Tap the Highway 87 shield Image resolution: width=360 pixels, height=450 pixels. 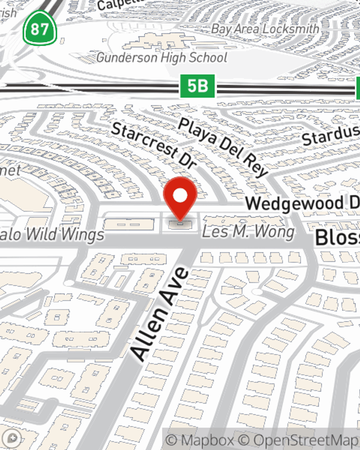40,28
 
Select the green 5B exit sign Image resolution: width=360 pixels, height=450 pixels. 197,86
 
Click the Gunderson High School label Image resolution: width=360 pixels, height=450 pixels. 162,58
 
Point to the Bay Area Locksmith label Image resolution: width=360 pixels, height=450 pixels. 265,29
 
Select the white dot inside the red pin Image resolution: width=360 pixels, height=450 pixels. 180,196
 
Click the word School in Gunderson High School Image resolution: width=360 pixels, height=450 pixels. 208,58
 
